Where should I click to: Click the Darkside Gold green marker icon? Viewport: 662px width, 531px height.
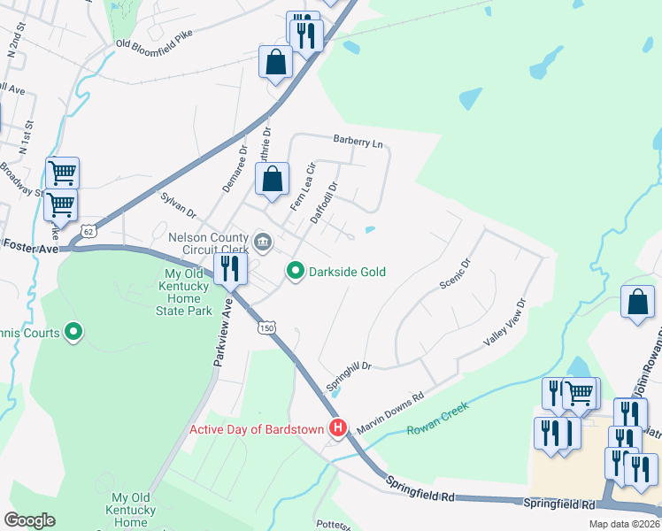coord(296,271)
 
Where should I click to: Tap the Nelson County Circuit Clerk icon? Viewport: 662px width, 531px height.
coord(263,241)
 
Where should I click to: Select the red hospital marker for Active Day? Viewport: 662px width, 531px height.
coord(337,429)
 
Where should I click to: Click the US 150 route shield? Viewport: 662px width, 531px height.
coord(266,328)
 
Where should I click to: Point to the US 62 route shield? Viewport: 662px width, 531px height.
coord(86,231)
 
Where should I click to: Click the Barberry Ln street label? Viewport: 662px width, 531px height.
coord(358,142)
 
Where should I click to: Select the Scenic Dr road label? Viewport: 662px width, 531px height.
coord(457,273)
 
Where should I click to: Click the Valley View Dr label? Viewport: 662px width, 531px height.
coord(504,322)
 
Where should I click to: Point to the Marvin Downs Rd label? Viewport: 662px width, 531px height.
coord(390,414)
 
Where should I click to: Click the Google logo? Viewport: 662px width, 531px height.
coord(30,520)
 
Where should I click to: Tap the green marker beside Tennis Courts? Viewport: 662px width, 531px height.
coord(74,333)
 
